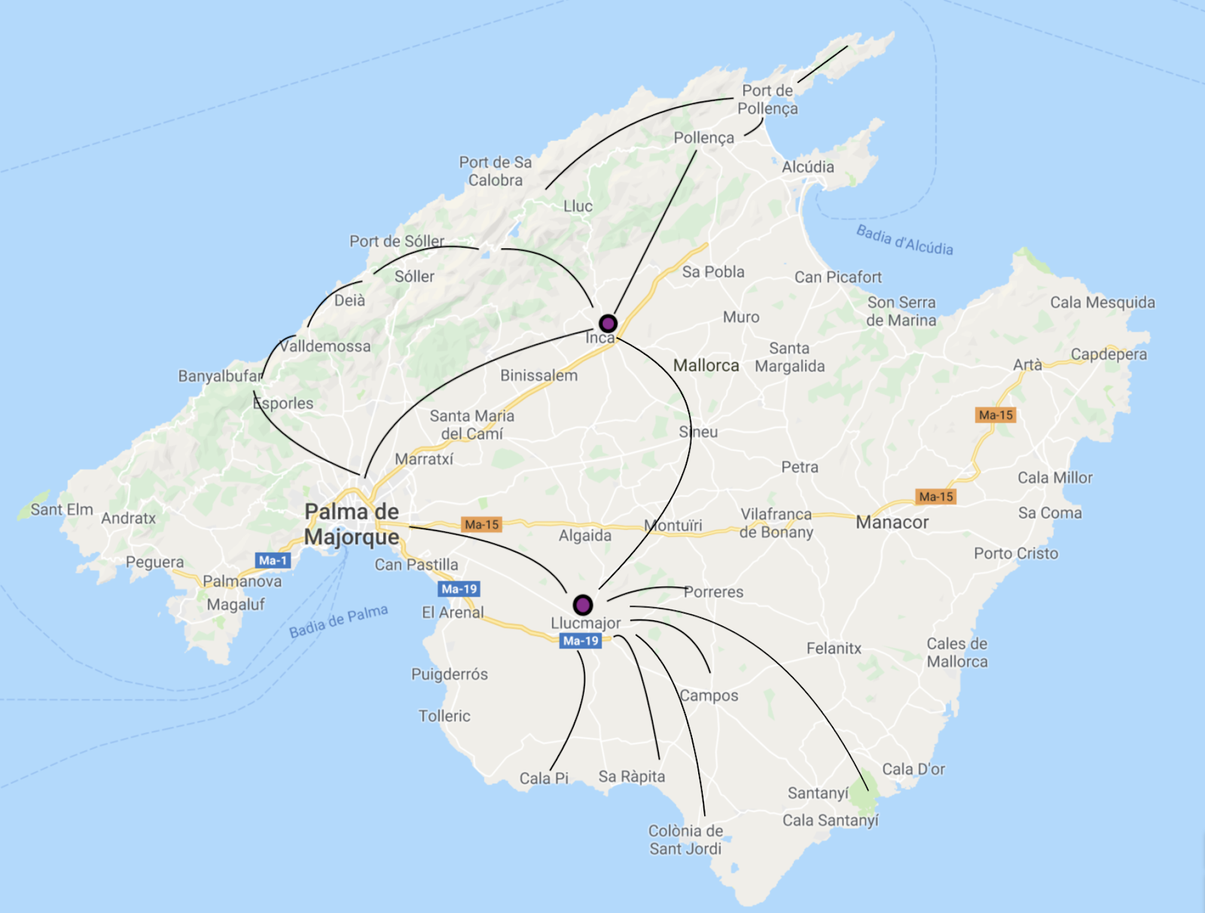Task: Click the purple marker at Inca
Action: [x=608, y=324]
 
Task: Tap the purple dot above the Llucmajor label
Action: [x=582, y=604]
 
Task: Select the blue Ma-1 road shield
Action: [x=273, y=560]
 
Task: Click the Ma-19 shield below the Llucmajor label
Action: [x=581, y=641]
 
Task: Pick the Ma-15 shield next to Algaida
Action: [x=481, y=525]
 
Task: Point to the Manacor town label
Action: [x=892, y=522]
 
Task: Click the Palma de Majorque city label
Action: [x=352, y=524]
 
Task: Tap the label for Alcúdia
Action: [x=807, y=167]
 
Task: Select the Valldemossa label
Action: [x=325, y=346]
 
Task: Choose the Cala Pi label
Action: [x=544, y=778]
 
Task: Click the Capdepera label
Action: [x=1109, y=354]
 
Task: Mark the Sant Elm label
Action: [x=62, y=510]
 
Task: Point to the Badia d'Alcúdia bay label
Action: [x=905, y=240]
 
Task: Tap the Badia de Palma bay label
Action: [x=339, y=621]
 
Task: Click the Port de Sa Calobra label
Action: [x=496, y=171]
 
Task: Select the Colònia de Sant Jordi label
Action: [x=685, y=840]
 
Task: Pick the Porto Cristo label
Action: [x=1016, y=553]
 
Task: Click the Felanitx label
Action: [x=834, y=648]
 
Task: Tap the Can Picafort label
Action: [x=837, y=277]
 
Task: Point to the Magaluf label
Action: [x=236, y=604]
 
